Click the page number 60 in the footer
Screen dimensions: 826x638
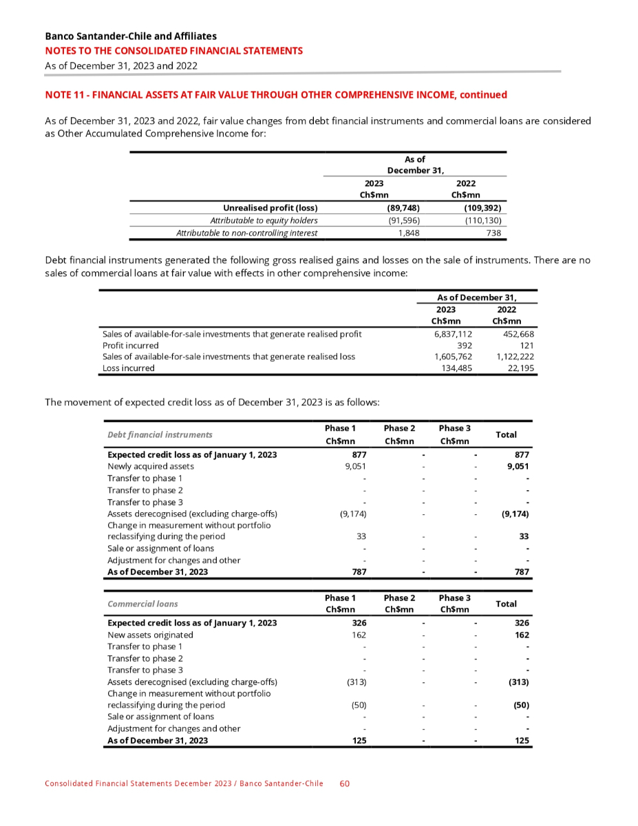click(345, 783)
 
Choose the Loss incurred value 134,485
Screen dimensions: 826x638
click(454, 368)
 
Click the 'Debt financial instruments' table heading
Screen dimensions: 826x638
click(160, 435)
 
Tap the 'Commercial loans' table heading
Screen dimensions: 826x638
click(142, 604)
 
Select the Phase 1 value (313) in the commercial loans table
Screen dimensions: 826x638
click(355, 681)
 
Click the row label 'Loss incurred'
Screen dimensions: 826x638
click(128, 368)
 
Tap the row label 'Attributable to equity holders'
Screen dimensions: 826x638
click(264, 221)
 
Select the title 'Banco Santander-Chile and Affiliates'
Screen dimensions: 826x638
click(131, 36)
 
